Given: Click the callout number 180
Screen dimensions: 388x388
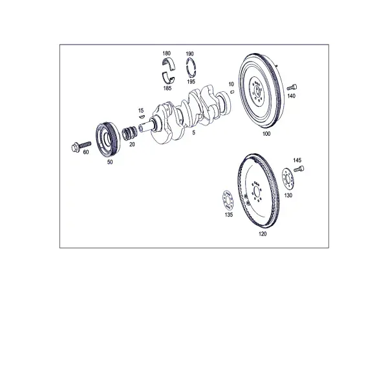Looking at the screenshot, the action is pos(167,53).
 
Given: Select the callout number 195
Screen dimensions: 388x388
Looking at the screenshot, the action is pos(191,81).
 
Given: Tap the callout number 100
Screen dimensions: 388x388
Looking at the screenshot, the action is pos(266,134).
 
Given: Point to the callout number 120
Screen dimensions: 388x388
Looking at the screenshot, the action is pos(263,234).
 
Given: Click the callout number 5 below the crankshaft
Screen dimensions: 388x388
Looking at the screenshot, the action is pos(193,133).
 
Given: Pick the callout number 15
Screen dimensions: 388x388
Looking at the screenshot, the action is pos(141,111).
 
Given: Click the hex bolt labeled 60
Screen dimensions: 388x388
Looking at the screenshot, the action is pos(81,147).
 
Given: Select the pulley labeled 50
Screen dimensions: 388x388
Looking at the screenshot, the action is pos(108,139).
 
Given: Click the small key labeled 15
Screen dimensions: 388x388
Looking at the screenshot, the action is pos(142,116).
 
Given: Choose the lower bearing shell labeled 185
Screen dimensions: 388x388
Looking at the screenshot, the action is pos(168,78).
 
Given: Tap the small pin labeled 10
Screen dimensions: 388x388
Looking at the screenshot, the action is pos(232,92).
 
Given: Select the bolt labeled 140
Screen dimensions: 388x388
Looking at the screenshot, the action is pos(292,87).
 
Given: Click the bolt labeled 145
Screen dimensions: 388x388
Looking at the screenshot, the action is pos(299,169).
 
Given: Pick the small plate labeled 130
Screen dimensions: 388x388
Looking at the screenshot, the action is pos(288,179).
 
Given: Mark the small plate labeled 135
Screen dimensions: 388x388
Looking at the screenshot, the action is pos(228,201).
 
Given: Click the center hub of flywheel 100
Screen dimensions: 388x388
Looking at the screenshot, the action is pos(257,91).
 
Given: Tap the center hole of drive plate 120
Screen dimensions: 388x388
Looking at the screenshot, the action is pos(257,191).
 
